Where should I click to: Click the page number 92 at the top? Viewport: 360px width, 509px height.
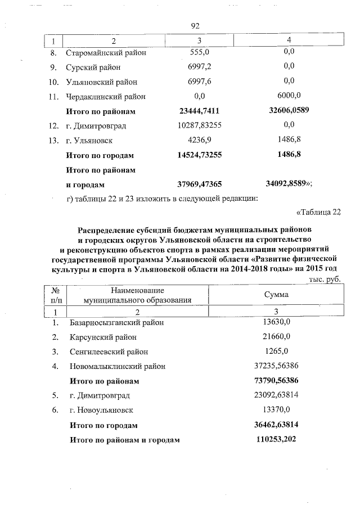click(195, 26)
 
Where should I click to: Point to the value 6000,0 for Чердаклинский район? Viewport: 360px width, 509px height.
click(290, 96)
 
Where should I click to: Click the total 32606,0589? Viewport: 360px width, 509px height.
click(290, 111)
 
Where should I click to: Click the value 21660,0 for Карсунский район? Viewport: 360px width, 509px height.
click(276, 337)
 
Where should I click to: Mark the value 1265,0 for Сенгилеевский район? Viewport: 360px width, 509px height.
click(276, 352)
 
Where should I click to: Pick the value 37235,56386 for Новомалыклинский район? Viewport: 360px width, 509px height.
click(276, 367)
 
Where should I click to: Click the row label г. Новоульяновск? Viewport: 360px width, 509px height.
click(102, 411)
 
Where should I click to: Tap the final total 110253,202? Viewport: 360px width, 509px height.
click(276, 440)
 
